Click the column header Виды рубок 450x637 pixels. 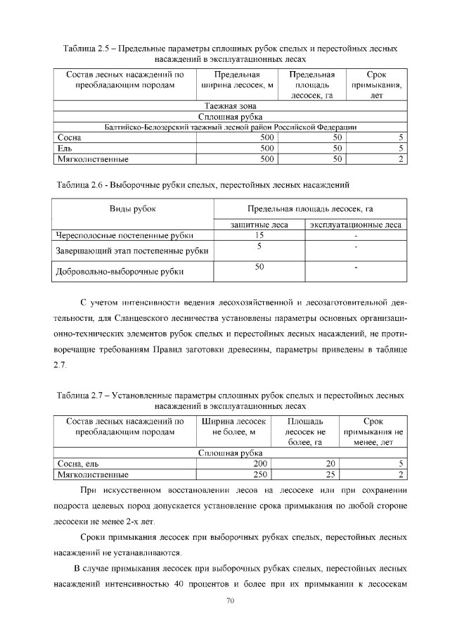pyautogui.click(x=132, y=208)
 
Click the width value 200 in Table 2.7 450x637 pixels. pyautogui.click(x=261, y=464)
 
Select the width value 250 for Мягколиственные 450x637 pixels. pyautogui.click(x=261, y=474)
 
